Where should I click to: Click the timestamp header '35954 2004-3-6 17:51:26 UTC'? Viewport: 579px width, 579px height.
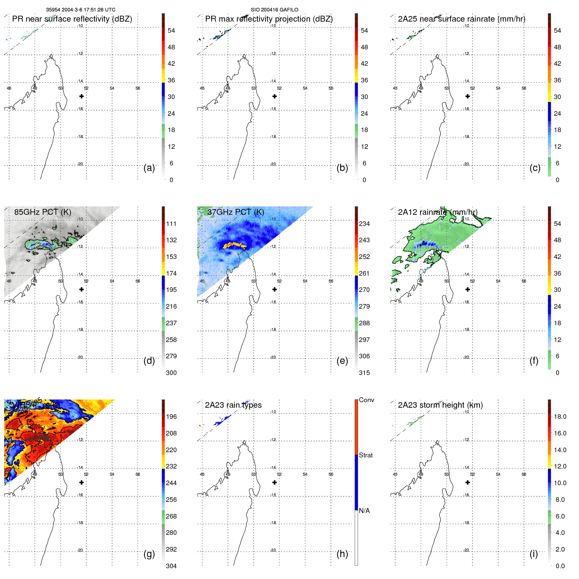pyautogui.click(x=80, y=10)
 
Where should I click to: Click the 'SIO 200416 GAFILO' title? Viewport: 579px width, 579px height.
pyautogui.click(x=274, y=10)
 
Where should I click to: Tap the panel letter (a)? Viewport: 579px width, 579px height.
pyautogui.click(x=149, y=168)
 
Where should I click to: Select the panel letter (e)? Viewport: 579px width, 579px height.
pyautogui.click(x=342, y=361)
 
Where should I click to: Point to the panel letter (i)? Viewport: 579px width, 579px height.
pyautogui.click(x=534, y=554)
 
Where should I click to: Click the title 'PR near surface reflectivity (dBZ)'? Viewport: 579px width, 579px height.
pyautogui.click(x=72, y=19)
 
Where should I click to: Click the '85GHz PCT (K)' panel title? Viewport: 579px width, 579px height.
pyautogui.click(x=43, y=212)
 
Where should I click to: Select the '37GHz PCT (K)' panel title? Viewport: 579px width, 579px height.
pyautogui.click(x=235, y=212)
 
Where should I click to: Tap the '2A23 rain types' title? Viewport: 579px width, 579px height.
pyautogui.click(x=233, y=405)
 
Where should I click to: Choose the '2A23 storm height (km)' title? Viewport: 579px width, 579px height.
pyautogui.click(x=440, y=405)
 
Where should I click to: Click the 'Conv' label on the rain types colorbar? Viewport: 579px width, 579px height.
pyautogui.click(x=366, y=400)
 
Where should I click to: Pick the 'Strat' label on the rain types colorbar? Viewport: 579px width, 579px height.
pyautogui.click(x=366, y=455)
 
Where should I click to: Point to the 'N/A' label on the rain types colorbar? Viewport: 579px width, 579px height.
pyautogui.click(x=364, y=511)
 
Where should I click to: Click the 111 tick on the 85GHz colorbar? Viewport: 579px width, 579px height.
pyautogui.click(x=171, y=224)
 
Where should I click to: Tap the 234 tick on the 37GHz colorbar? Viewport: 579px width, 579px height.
pyautogui.click(x=364, y=224)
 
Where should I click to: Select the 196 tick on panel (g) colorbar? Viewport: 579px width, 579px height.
pyautogui.click(x=171, y=417)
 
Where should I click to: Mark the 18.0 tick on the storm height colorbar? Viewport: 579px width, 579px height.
pyautogui.click(x=560, y=417)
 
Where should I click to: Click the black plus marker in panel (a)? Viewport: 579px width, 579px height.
pyautogui.click(x=81, y=96)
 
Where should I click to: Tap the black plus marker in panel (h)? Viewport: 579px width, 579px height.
pyautogui.click(x=275, y=483)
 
